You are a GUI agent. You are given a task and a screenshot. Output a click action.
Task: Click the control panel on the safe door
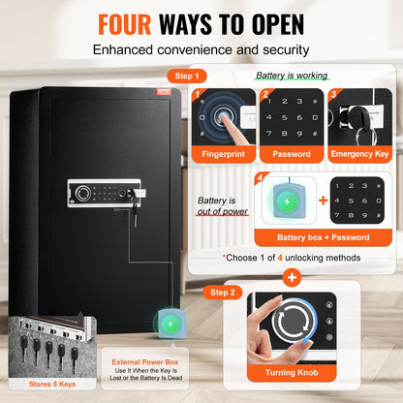(105, 191)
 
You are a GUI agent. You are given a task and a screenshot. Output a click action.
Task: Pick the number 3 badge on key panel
(333, 95)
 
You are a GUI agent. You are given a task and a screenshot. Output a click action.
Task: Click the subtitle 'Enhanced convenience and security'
(201, 48)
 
